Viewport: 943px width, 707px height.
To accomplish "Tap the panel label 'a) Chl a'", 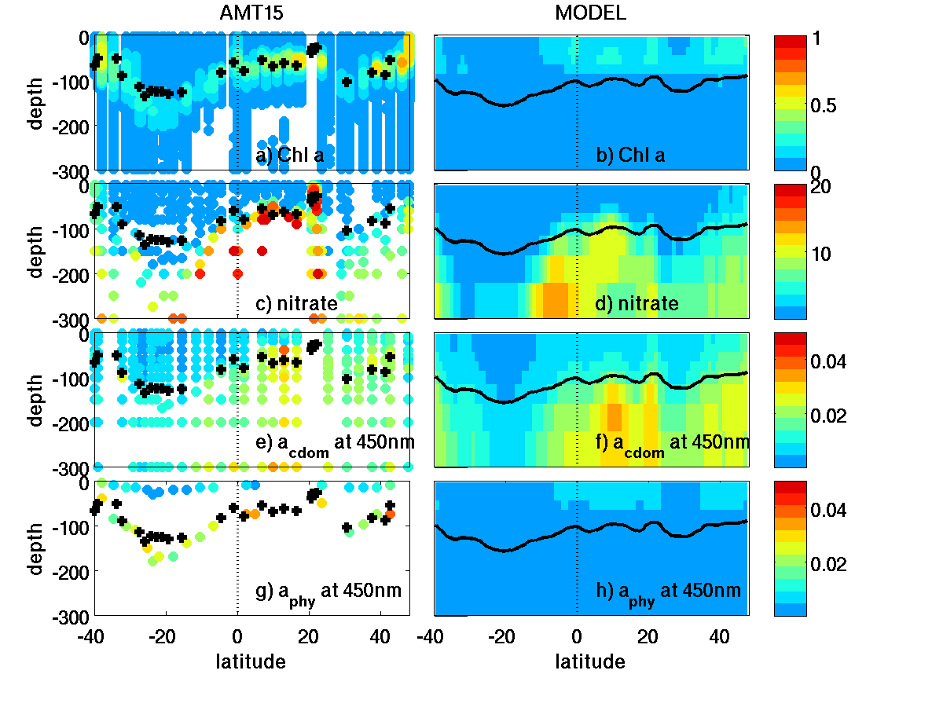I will [290, 156].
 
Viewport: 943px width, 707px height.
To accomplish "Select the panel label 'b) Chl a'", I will [630, 156].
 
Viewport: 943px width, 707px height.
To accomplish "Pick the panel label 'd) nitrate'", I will [637, 304].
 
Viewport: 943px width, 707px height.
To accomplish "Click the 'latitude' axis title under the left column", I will [251, 661].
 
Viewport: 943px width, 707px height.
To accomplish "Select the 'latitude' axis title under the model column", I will [590, 661].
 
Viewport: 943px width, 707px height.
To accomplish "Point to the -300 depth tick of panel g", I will [72, 615].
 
